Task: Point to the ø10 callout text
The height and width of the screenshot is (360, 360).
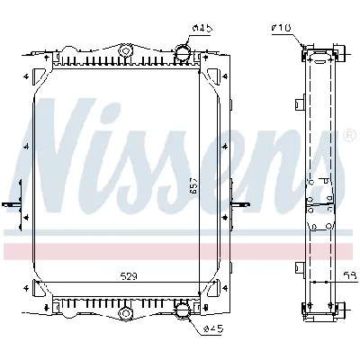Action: (280, 30)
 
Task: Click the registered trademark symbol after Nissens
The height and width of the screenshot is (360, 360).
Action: (349, 136)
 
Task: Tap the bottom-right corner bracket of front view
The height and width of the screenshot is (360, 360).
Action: (215, 291)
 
